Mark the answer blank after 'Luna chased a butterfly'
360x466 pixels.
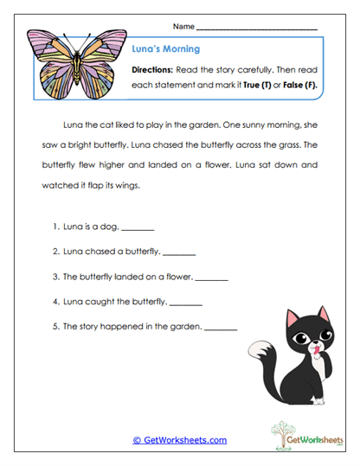pos(179,253)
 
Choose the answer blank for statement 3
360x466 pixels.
pos(211,278)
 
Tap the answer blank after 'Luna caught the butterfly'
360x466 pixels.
pos(185,303)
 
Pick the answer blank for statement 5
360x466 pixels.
pos(220,329)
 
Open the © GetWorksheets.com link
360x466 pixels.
pos(179,439)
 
